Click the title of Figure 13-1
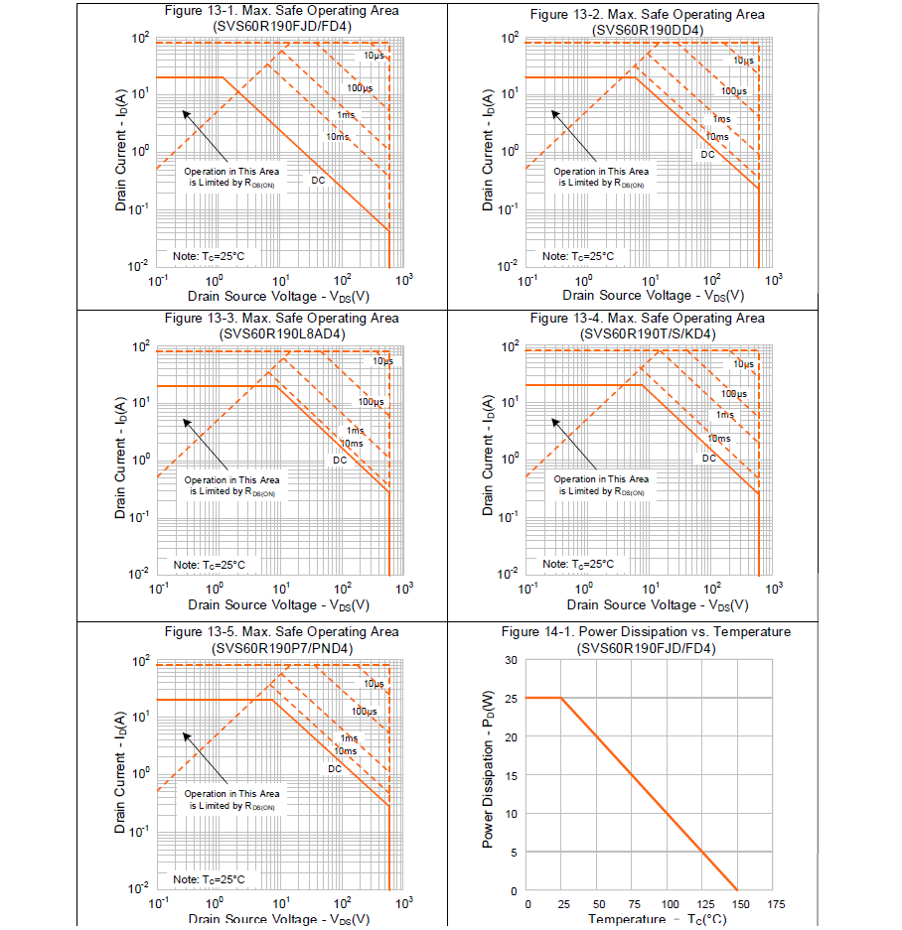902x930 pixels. (281, 11)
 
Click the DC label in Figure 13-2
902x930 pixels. (708, 155)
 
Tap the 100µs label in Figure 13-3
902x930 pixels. (372, 402)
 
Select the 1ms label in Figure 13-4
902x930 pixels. (726, 415)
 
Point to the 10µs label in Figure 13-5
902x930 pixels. (374, 684)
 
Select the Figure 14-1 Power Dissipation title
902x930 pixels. (646, 631)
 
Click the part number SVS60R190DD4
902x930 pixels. (647, 30)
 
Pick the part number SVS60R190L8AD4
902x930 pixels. (281, 333)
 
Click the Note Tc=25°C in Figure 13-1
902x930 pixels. (209, 256)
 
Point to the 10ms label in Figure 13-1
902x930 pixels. (338, 136)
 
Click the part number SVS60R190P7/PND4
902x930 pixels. (281, 647)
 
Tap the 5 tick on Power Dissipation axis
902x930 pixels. (514, 852)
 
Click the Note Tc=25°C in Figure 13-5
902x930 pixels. (209, 879)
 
